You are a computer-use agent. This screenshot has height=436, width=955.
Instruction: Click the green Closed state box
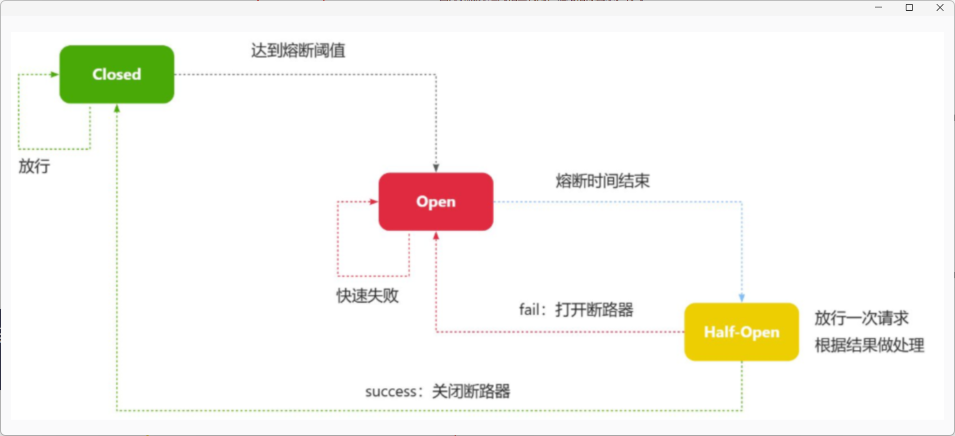pos(117,74)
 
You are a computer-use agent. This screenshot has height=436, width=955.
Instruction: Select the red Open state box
pos(436,201)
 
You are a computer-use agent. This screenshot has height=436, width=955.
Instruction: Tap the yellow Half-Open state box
pos(741,332)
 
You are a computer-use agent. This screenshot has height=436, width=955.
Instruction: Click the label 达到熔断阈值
pos(298,50)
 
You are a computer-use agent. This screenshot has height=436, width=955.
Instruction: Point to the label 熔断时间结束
pos(602,181)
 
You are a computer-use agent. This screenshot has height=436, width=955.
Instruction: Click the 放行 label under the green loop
pos(34,166)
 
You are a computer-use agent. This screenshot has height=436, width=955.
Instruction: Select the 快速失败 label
pos(367,295)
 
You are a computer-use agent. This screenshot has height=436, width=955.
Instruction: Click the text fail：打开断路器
pos(576,310)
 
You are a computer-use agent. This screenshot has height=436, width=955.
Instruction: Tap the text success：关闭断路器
pos(437,391)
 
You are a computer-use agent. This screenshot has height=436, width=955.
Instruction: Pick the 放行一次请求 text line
pos(861,318)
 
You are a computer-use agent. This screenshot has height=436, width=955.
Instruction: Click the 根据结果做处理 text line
pos(869,346)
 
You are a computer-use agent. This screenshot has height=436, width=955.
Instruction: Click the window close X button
pos(940,7)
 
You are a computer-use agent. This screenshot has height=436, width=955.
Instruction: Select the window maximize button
pos(909,7)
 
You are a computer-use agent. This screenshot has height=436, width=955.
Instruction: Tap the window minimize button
pos(879,7)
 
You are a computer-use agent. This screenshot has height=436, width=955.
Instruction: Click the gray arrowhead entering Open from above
pos(436,168)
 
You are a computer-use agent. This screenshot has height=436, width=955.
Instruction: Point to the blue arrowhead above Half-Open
pos(741,298)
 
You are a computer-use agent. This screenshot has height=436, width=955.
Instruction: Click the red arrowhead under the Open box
pos(436,236)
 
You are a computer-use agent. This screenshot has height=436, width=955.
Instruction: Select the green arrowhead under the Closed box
pos(117,109)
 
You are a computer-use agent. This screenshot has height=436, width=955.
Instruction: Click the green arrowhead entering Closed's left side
pos(54,74)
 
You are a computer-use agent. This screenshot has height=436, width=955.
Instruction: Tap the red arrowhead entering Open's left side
pos(373,202)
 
